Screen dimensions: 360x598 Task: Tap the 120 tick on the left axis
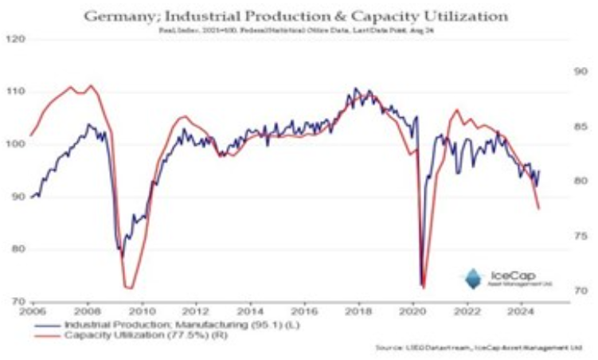(15, 38)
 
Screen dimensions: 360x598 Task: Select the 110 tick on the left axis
(15, 92)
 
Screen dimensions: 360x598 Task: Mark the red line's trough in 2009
(128, 288)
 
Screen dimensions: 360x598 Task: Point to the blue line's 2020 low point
(420, 284)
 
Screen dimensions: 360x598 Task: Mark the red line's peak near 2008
(90, 85)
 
